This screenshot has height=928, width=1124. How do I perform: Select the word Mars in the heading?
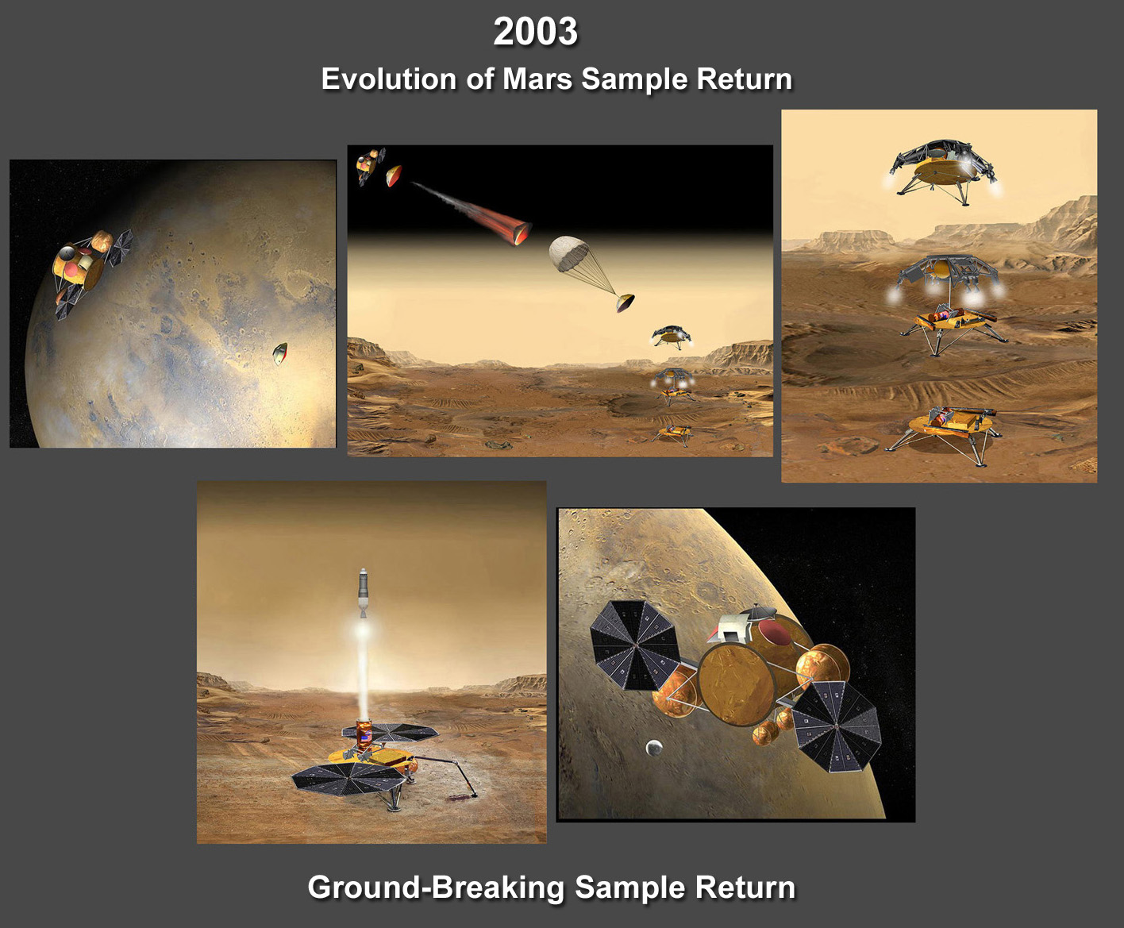pos(537,79)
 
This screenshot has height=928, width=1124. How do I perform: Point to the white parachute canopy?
pos(568,253)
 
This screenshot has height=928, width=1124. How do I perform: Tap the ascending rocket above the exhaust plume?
pos(364,592)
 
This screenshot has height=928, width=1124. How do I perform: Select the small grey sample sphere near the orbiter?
pos(654,747)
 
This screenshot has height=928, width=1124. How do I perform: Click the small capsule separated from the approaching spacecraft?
pos(280,353)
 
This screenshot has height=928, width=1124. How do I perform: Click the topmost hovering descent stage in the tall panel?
pos(942,171)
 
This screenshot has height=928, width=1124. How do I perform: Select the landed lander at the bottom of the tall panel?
pos(943,433)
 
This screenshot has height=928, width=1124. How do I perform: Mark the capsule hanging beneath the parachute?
pos(625,303)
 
